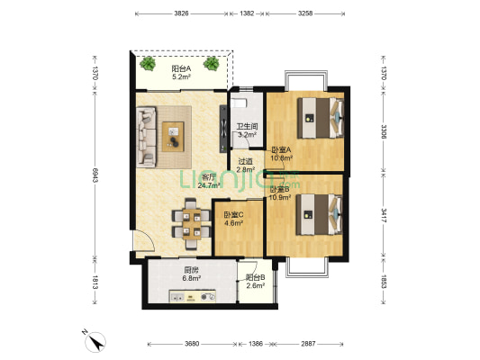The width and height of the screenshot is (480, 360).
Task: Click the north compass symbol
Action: pyautogui.click(x=95, y=342)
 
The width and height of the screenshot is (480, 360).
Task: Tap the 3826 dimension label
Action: pyautogui.click(x=181, y=13)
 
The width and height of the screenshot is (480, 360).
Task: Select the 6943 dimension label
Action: pyautogui.click(x=95, y=175)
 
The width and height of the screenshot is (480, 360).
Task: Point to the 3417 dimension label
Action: pyautogui.click(x=384, y=216)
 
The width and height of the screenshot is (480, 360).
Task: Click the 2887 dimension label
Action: pyautogui.click(x=308, y=344)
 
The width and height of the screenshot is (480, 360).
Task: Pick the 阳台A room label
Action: pyautogui.click(x=181, y=68)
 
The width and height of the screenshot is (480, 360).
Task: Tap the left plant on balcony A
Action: pyautogui.click(x=148, y=63)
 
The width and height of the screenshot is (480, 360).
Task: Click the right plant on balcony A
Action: pyautogui.click(x=212, y=63)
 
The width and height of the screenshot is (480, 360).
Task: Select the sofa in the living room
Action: pyautogui.click(x=146, y=137)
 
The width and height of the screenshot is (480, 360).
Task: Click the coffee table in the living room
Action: pyautogui.click(x=173, y=137)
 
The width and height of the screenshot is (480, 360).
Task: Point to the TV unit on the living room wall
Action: pyautogui.click(x=223, y=129)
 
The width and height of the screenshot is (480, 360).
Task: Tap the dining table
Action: pyautogui.click(x=192, y=224)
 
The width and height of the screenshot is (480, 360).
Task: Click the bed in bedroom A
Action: pyautogui.click(x=321, y=118)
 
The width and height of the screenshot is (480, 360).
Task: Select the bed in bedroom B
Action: pyautogui.click(x=320, y=215)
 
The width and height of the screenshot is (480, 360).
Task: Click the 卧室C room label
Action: pyautogui.click(x=233, y=215)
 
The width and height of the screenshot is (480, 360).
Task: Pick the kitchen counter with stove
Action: pyautogui.click(x=193, y=296)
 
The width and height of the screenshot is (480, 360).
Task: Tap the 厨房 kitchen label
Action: pyautogui.click(x=191, y=270)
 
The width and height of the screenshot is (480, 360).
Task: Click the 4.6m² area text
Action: pyautogui.click(x=233, y=223)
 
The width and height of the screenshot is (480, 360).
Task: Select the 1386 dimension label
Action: pyautogui.click(x=256, y=344)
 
